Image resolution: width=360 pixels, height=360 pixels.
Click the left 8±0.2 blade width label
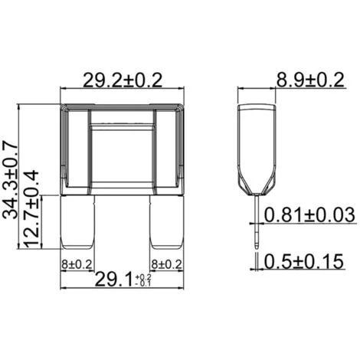tap(77, 265)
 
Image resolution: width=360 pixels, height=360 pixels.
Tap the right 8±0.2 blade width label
tap(167, 265)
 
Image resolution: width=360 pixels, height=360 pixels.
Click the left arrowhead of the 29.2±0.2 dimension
tap(61, 88)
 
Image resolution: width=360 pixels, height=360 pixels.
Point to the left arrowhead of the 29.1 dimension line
tap(62, 289)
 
